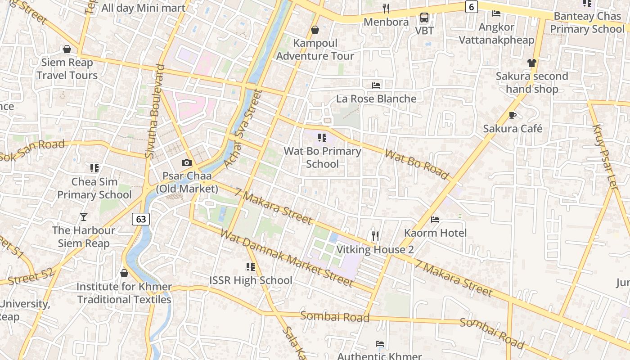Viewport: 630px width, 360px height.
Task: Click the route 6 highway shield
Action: [x=471, y=7]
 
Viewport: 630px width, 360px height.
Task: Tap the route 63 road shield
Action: [x=141, y=219]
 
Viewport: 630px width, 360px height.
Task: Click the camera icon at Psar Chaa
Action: [x=187, y=162]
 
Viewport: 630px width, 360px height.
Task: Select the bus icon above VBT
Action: [x=424, y=18]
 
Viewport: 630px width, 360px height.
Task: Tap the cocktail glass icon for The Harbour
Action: [x=84, y=217]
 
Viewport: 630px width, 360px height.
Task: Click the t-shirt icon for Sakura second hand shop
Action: [x=532, y=63]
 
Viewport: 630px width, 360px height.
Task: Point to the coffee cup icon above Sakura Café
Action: [x=513, y=116]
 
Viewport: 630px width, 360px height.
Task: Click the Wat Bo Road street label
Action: [x=417, y=164]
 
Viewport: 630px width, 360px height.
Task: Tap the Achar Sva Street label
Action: [x=243, y=129]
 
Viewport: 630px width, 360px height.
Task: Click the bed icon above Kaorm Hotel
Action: [x=435, y=220]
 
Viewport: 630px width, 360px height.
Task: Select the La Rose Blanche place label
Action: [x=376, y=99]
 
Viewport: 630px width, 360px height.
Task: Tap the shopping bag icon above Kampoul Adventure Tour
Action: [x=315, y=30]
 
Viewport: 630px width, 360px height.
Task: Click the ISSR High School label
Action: [x=251, y=280]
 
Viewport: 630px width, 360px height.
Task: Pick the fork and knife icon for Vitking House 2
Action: [x=375, y=236]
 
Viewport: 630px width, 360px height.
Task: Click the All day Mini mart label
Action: [x=143, y=8]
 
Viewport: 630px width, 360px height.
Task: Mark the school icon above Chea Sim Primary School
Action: [x=94, y=168]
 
